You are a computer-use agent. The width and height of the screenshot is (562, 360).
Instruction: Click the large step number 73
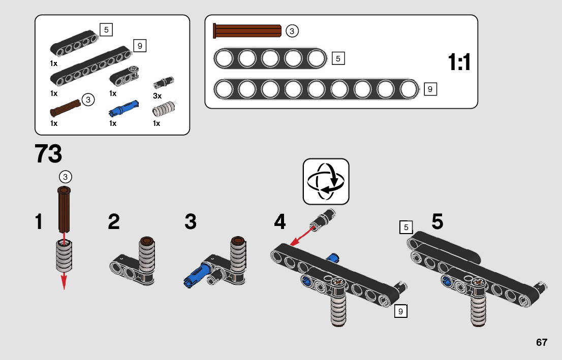(x=48, y=154)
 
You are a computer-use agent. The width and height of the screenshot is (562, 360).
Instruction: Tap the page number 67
(x=541, y=342)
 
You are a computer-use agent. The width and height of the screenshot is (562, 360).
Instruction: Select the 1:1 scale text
(x=459, y=63)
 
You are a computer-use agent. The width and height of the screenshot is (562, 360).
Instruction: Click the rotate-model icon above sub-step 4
(x=326, y=181)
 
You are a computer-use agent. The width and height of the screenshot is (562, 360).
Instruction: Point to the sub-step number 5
(x=438, y=222)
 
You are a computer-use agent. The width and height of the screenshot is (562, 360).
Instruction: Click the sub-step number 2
(x=114, y=222)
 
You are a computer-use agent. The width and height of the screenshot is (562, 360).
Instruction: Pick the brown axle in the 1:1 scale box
(x=248, y=31)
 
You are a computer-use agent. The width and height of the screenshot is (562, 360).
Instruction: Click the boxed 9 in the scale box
(x=430, y=89)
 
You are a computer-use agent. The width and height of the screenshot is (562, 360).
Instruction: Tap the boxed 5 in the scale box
(x=338, y=58)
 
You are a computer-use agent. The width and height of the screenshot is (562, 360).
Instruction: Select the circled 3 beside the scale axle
(x=292, y=31)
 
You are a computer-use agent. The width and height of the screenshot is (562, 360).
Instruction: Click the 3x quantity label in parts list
(x=157, y=96)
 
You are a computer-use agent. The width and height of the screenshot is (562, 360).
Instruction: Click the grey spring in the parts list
(x=164, y=109)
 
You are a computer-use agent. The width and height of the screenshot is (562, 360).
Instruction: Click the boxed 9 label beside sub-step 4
(x=400, y=311)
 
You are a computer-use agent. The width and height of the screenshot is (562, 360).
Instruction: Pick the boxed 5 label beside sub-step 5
(x=406, y=227)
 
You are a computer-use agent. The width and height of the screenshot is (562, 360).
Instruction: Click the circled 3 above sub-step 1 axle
(x=65, y=177)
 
